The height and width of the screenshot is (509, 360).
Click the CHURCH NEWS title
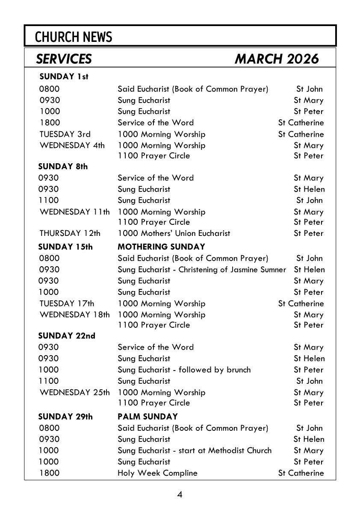[74, 37]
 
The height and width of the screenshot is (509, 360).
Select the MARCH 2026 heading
[277, 59]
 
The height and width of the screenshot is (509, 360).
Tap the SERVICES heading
[64, 59]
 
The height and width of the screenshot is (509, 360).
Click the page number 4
[180, 495]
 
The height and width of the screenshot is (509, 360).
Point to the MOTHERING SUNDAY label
[161, 247]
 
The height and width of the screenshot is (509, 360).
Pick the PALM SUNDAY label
[148, 416]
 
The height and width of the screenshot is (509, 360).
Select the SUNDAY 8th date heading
[63, 167]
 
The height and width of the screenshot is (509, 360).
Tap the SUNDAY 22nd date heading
[67, 336]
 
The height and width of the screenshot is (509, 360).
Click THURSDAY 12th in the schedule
[70, 233]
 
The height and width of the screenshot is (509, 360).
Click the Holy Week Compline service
[157, 473]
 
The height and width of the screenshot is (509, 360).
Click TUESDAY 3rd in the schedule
[65, 134]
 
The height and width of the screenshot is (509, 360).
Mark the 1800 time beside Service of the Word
[50, 123]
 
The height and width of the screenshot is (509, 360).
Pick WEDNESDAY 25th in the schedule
[74, 392]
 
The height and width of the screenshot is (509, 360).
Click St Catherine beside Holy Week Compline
[301, 473]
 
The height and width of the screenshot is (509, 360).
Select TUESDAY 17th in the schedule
[67, 303]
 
